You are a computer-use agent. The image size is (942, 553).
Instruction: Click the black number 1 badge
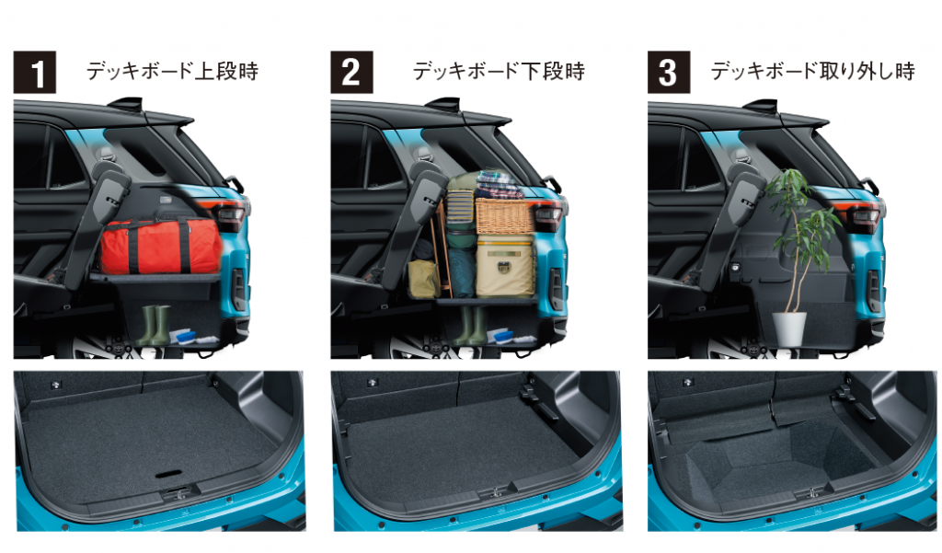[35, 72]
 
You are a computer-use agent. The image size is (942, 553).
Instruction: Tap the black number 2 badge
[351, 72]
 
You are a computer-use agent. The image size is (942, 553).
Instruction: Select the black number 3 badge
[669, 72]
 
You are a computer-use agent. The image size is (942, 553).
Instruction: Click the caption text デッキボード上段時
[172, 71]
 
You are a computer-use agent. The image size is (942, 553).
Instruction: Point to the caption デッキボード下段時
[499, 71]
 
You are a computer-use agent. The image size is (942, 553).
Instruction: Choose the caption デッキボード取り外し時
[813, 71]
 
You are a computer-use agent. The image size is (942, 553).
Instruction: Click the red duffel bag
[160, 247]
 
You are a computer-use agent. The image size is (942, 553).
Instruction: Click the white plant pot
[788, 328]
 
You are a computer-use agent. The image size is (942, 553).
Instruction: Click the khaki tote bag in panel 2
[423, 278]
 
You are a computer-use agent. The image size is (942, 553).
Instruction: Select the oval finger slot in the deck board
[171, 474]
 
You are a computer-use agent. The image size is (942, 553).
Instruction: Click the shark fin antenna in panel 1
[127, 103]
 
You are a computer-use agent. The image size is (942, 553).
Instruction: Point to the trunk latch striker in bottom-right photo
[812, 492]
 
